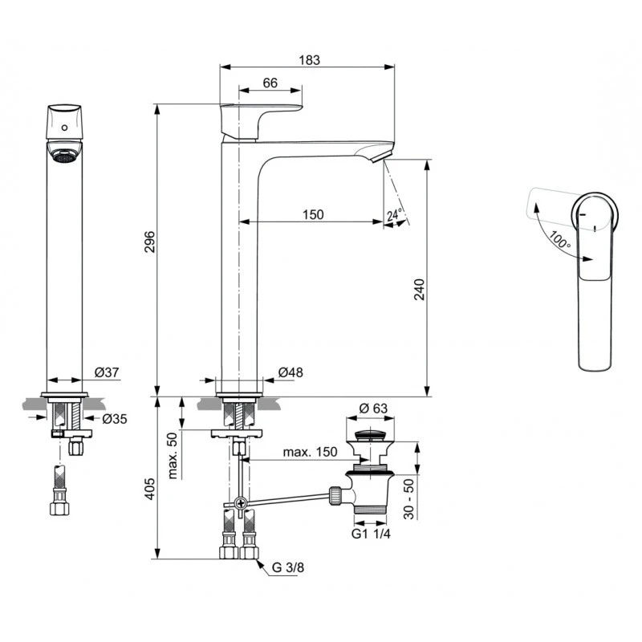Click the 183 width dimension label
click(309, 59)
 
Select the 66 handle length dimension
click(270, 83)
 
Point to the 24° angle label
click(394, 215)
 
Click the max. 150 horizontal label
click(309, 453)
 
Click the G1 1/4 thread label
click(369, 534)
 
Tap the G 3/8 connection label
click(287, 567)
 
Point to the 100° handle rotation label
click(559, 238)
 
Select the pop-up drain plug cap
click(368, 435)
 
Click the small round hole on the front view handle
click(63, 127)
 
